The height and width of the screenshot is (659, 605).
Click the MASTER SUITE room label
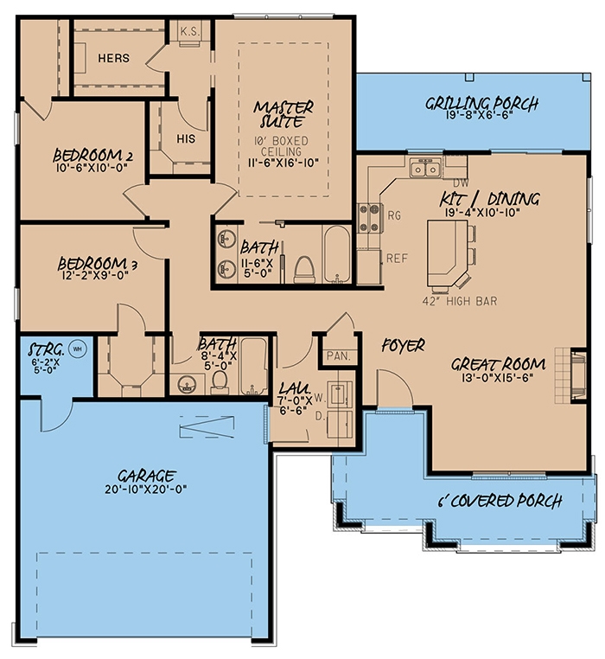tap(283, 115)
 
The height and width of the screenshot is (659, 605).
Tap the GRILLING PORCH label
tap(481, 104)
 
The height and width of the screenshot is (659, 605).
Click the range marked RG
tap(371, 214)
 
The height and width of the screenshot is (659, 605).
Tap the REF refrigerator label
tap(397, 258)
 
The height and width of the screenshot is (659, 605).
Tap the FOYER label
tap(402, 346)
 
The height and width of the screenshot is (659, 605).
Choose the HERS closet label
tap(113, 58)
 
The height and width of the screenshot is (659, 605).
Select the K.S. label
tap(190, 32)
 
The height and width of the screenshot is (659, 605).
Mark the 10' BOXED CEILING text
tap(283, 145)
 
